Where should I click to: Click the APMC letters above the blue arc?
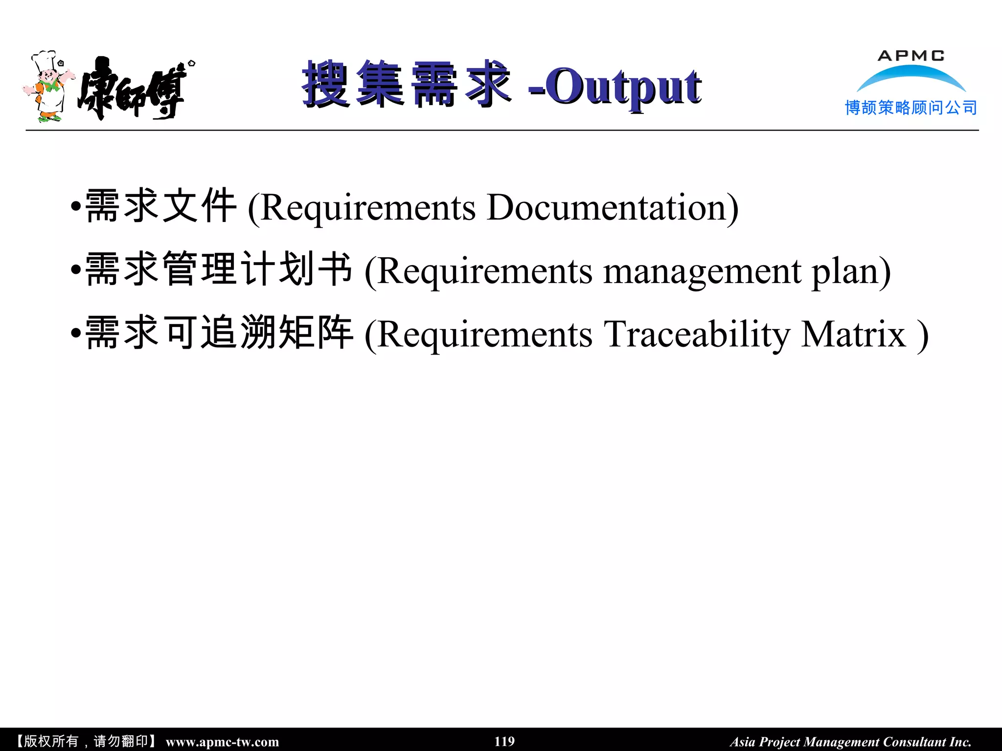[x=911, y=56]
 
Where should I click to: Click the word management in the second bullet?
[x=702, y=271]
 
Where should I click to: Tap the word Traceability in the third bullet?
[x=697, y=335]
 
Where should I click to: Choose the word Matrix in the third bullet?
[x=854, y=335]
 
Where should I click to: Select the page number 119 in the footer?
[x=504, y=741]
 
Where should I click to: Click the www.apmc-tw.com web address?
[x=222, y=742]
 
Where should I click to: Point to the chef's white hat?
[x=44, y=60]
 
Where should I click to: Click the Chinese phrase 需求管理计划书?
[x=218, y=269]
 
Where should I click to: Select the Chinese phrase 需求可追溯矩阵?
[x=218, y=332]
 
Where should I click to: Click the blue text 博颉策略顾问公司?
[x=911, y=108]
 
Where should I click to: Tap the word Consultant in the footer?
[x=914, y=742]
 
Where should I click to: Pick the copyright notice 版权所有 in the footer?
[x=51, y=741]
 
